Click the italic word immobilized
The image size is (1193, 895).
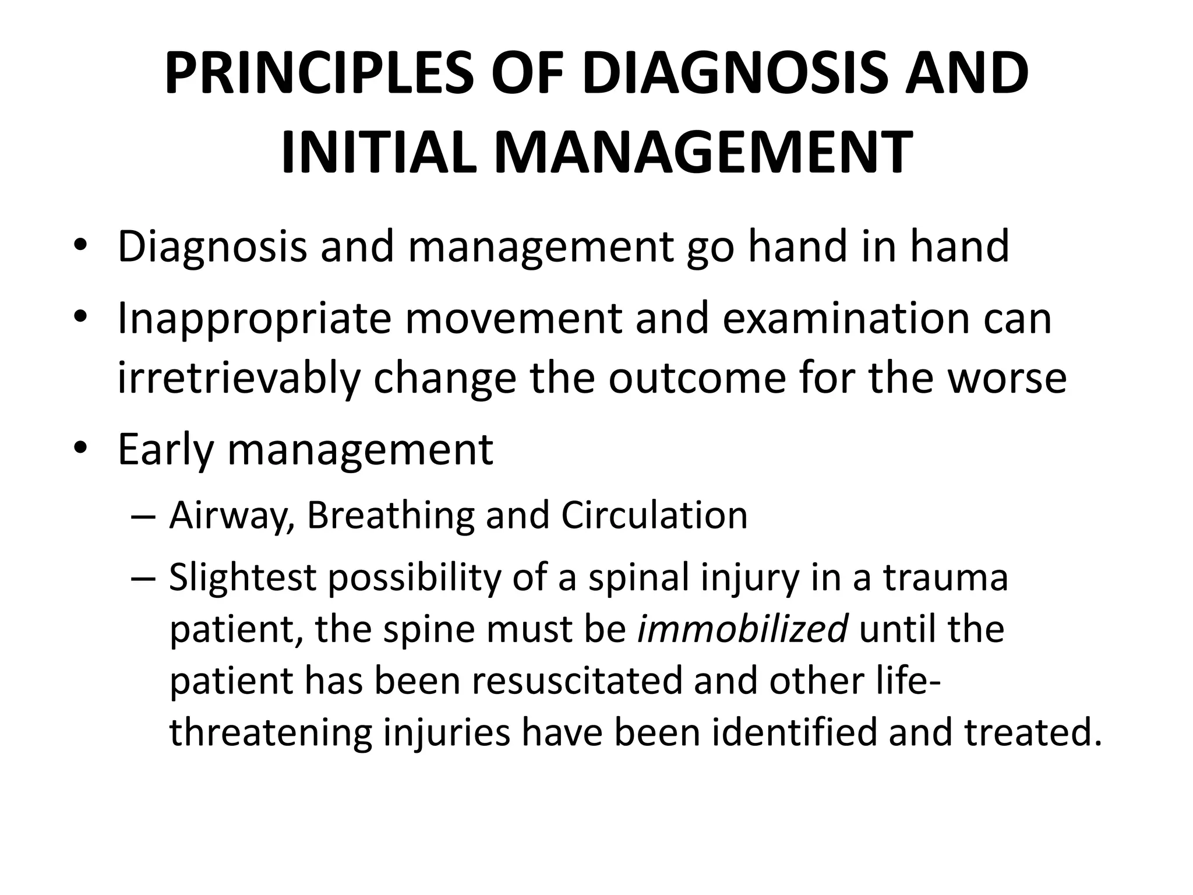(x=743, y=630)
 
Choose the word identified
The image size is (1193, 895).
(x=795, y=733)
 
